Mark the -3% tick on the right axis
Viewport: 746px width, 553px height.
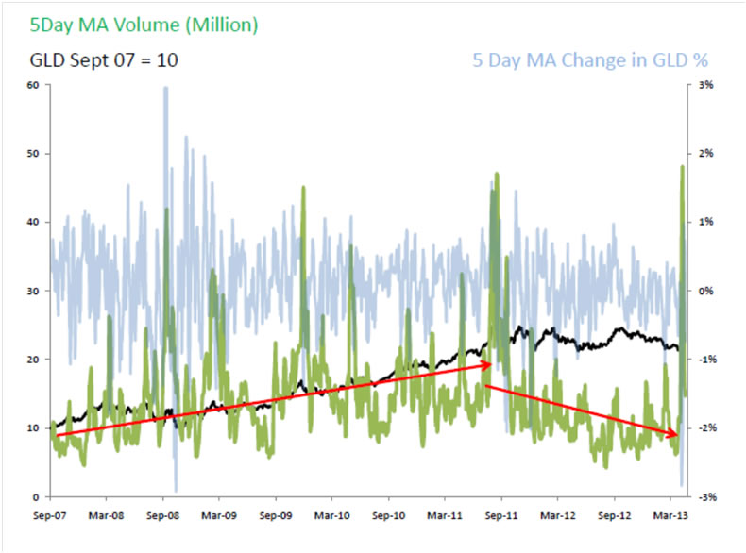706,496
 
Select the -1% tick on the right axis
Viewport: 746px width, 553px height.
706,360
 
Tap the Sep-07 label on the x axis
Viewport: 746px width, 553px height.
50,516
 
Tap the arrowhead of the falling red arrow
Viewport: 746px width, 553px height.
674,434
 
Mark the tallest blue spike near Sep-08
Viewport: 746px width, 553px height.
166,90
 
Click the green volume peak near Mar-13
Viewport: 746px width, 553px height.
682,168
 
